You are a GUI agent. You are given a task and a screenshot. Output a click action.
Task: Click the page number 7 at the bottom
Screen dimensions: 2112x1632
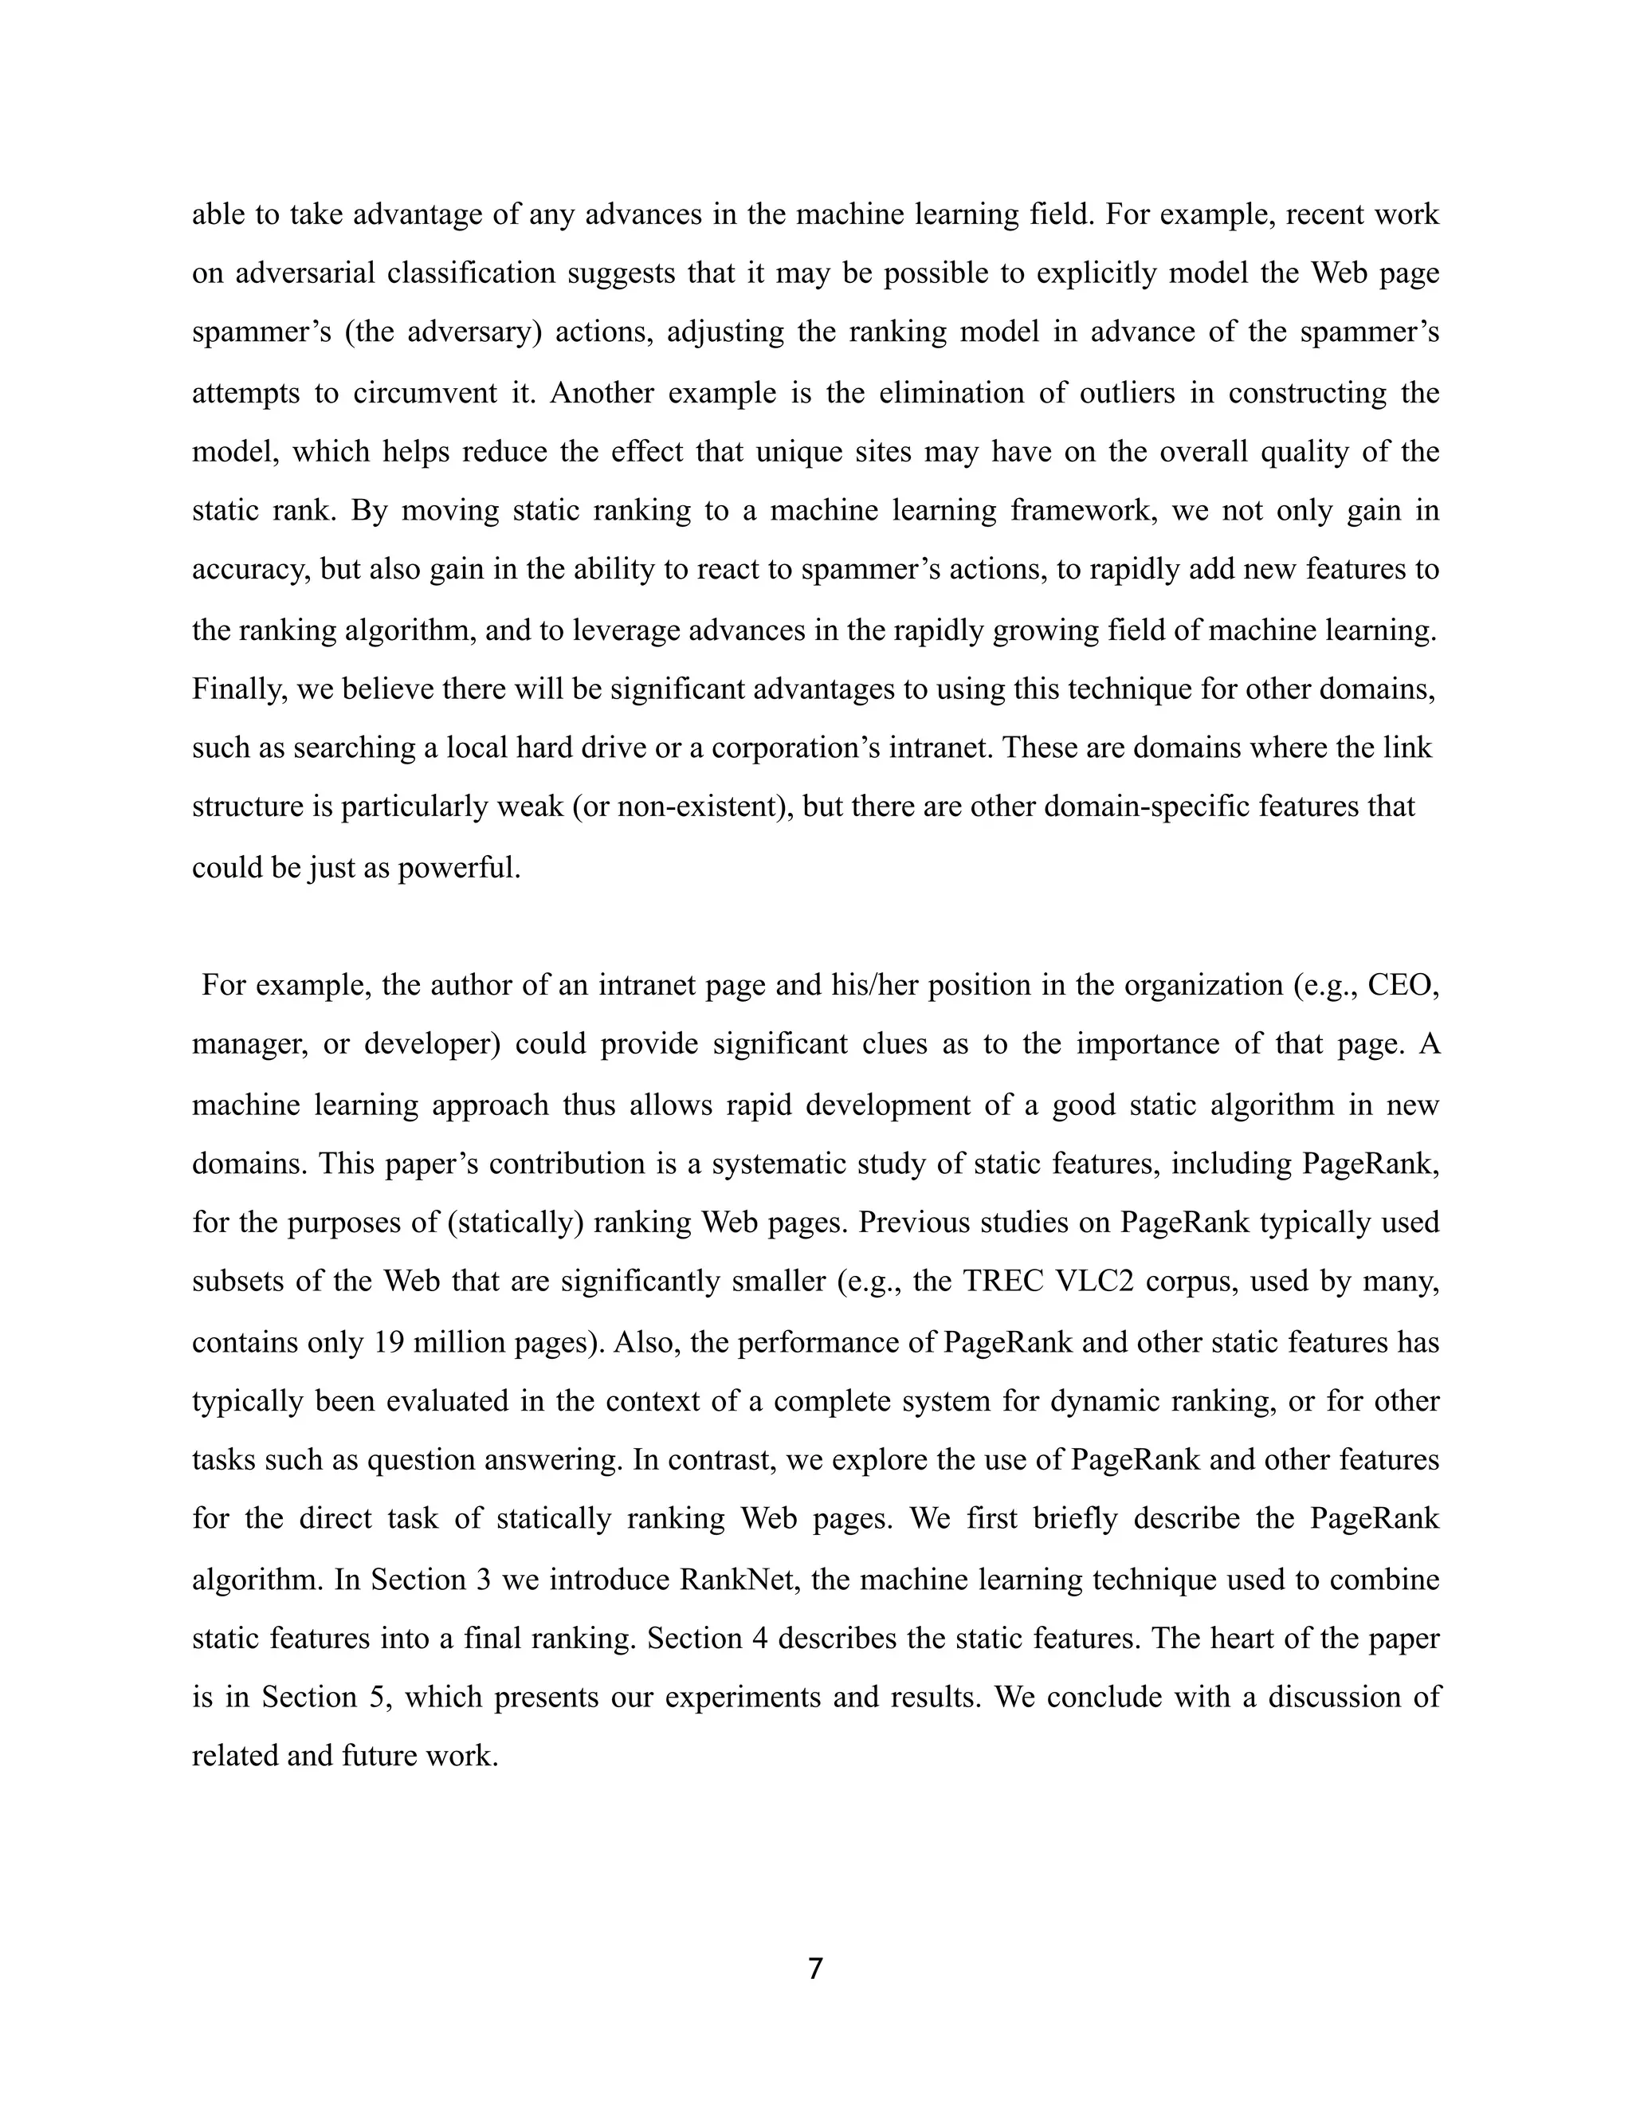(815, 1968)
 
